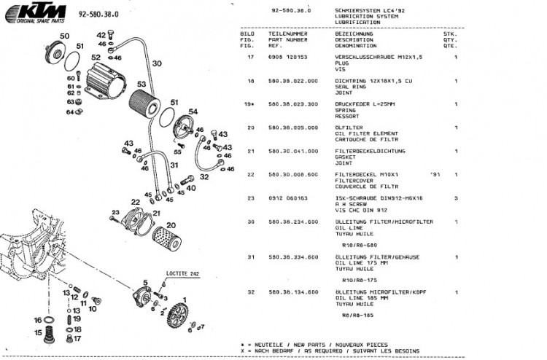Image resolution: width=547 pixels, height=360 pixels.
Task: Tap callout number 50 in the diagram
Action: tap(64, 36)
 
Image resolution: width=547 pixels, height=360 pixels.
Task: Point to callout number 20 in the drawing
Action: tap(171, 225)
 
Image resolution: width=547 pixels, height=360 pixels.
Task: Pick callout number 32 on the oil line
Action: tap(206, 176)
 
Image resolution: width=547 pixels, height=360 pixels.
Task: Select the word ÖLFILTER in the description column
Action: tap(347, 127)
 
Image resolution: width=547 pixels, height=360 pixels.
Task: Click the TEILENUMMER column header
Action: tap(289, 34)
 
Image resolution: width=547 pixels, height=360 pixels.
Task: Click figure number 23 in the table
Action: tap(250, 197)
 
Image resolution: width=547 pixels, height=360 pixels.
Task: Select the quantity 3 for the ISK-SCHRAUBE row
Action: tap(455, 197)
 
